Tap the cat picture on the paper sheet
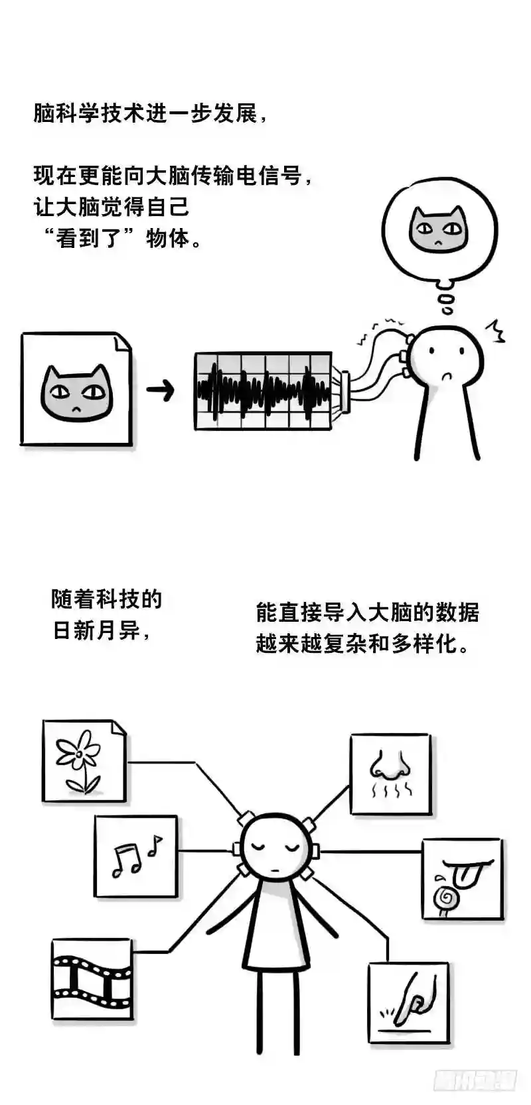tap(76, 392)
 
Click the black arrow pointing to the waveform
tap(160, 390)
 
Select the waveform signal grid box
tap(264, 391)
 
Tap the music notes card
tap(136, 856)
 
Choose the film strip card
tap(92, 979)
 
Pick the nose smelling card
tap(390, 774)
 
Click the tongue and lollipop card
tap(462, 878)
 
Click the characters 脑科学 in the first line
tap(66, 113)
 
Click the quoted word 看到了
tap(89, 238)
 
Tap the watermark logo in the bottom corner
tap(475, 1080)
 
